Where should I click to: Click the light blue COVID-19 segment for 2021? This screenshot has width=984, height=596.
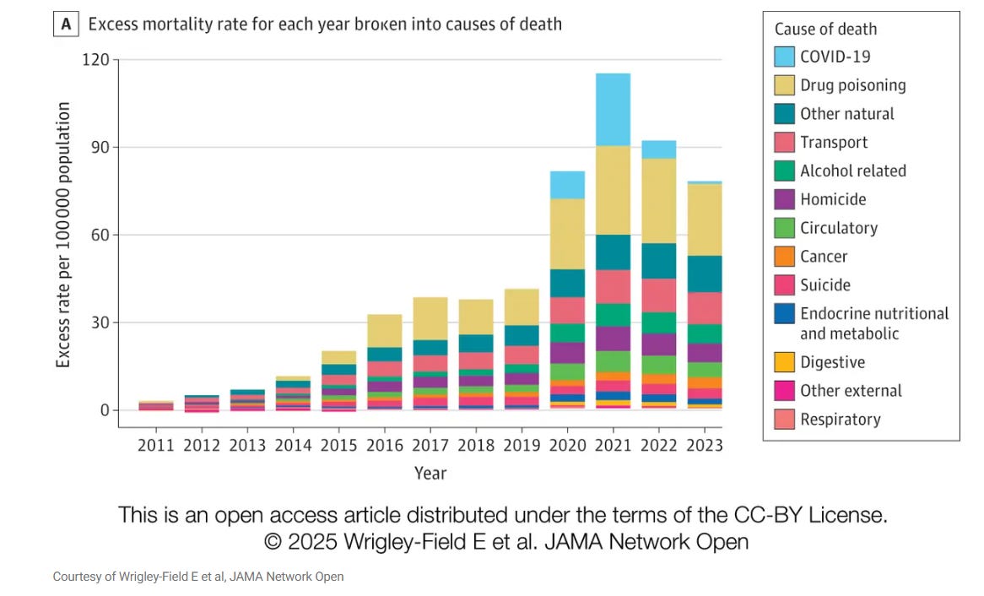pos(613,110)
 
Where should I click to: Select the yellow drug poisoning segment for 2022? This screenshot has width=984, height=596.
pos(658,200)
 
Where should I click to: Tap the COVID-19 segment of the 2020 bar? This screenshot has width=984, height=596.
pos(567,185)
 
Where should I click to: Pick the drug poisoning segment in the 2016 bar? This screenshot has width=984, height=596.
pos(384,331)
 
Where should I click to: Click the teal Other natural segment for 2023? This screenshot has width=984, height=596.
pos(705,274)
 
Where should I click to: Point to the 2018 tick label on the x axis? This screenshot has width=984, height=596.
pos(475,445)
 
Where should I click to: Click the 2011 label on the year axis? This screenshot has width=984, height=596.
pos(155,445)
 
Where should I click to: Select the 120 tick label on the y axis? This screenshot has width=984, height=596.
pos(95,60)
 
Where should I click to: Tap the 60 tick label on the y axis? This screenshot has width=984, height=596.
pos(100,235)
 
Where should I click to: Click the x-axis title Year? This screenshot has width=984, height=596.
pos(430,473)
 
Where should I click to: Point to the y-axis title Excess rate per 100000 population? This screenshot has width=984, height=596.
pos(63,235)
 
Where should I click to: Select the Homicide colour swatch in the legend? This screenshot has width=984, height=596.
pos(784,199)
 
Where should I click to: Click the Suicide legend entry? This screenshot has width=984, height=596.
pos(825,285)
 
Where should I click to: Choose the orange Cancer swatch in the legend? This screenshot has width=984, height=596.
pos(784,257)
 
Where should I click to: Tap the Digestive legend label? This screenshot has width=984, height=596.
pos(832,362)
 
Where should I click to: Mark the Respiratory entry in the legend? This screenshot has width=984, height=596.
pos(840,420)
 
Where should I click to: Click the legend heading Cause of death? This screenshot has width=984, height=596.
pos(825,29)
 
